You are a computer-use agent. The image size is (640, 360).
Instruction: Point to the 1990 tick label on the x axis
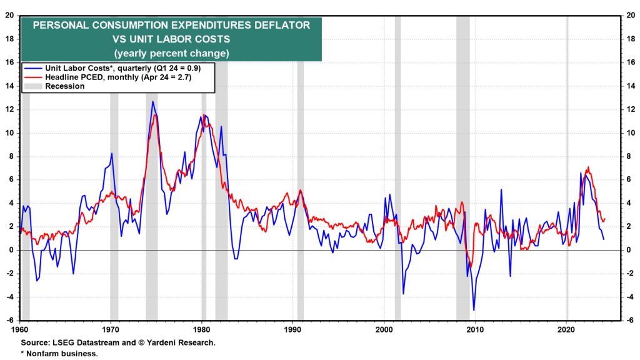point(293,328)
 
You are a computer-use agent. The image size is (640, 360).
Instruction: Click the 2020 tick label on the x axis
point(566,328)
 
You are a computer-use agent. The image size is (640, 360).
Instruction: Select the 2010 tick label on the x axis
point(475,328)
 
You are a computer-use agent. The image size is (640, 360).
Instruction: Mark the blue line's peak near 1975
point(152,101)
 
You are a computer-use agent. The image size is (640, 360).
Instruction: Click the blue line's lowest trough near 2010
point(474,310)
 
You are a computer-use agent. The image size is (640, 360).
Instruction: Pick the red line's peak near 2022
point(588,167)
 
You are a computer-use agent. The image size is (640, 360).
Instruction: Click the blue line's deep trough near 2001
point(403,293)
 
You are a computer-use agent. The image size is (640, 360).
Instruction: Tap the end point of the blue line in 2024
point(604,239)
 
